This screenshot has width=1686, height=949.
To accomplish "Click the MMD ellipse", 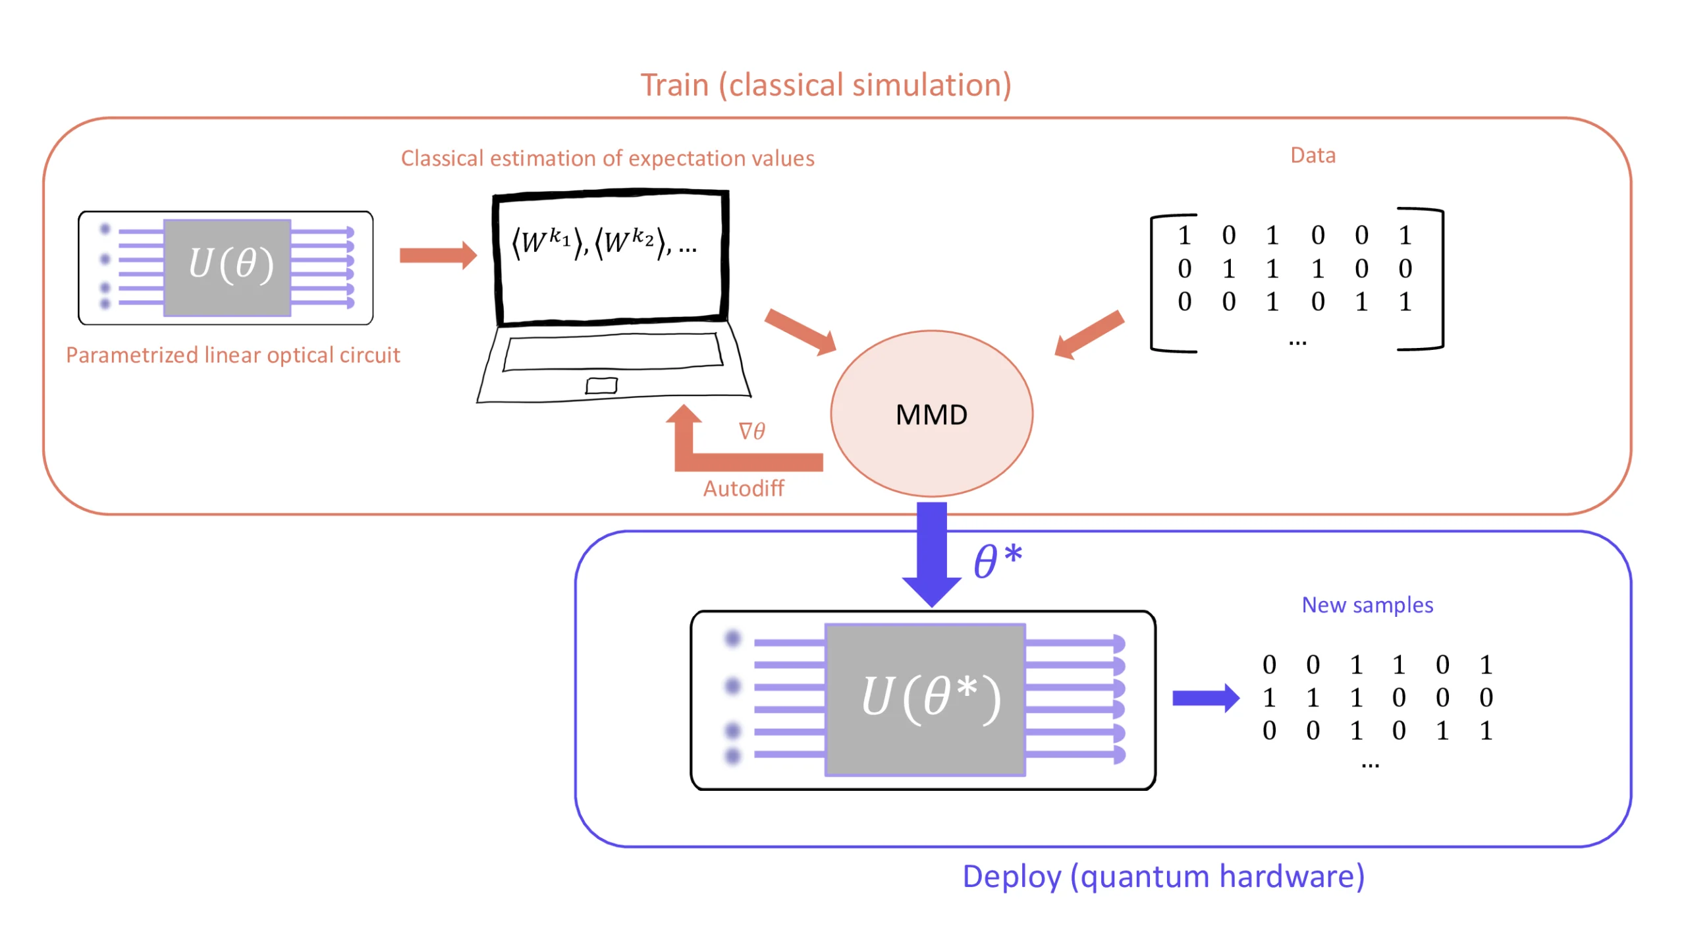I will point(931,414).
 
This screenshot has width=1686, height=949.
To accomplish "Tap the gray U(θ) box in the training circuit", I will point(227,267).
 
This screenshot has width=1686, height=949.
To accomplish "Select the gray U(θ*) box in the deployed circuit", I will point(925,699).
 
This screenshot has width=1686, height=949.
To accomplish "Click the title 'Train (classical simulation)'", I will point(826,85).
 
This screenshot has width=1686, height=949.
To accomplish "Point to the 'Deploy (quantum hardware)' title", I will point(1163,877).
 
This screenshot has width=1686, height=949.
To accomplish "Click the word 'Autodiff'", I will point(743,488).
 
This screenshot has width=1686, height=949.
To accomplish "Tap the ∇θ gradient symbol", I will point(751,432).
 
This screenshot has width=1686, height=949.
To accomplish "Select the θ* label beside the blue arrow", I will point(997,561).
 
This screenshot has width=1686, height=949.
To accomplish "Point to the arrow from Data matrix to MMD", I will point(1089,335).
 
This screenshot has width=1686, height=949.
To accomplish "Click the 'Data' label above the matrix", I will point(1313,156).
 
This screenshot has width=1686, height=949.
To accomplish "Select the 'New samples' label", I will point(1367,605).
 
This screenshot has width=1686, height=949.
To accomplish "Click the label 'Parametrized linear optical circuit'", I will point(233,355).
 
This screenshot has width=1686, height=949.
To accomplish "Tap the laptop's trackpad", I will point(601,385).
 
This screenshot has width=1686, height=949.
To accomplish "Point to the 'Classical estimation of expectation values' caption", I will point(607,158).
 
